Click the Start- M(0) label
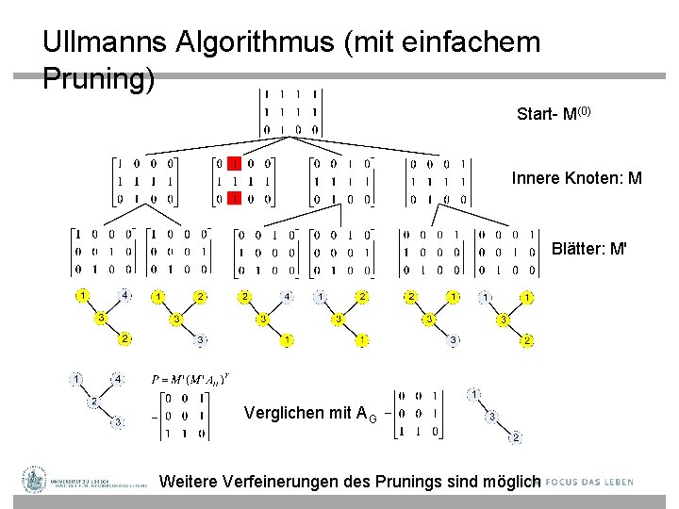(x=554, y=115)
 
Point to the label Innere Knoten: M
(x=576, y=178)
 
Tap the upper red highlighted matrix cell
(x=236, y=163)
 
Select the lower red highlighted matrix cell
(x=236, y=199)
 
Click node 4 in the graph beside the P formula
(x=118, y=379)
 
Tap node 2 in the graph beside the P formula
(x=93, y=402)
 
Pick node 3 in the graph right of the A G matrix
(x=491, y=416)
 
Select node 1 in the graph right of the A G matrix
(x=476, y=393)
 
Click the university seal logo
(x=35, y=480)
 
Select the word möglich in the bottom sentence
(x=511, y=482)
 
